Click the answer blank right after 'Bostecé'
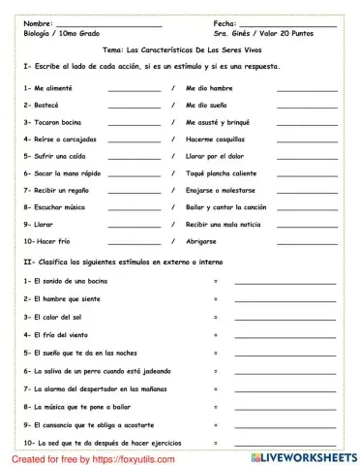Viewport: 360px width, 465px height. (x=135, y=107)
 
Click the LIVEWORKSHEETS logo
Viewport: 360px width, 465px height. (x=308, y=454)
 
